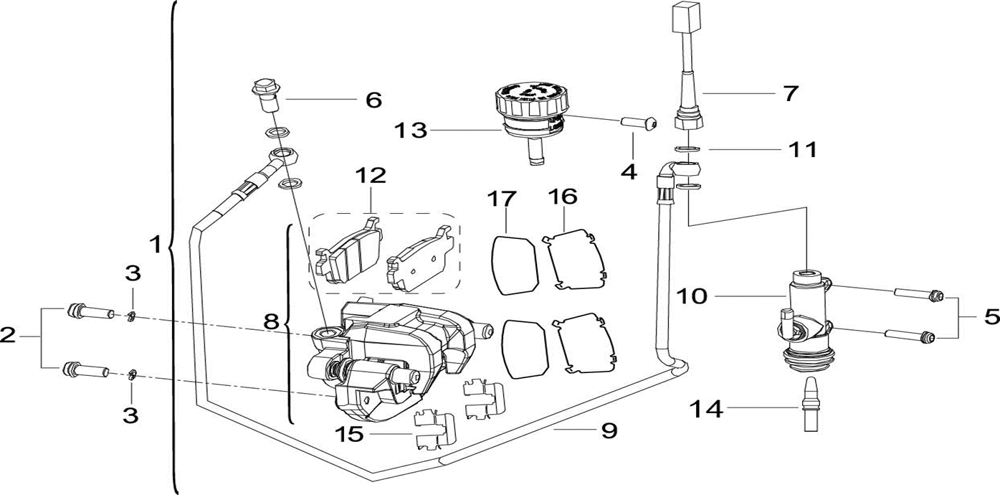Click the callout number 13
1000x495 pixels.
[x=410, y=131]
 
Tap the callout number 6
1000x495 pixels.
[x=373, y=100]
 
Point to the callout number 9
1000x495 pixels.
[x=609, y=430]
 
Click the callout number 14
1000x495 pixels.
[x=706, y=410]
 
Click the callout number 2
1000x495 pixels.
[x=8, y=335]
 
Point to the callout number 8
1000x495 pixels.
[x=270, y=321]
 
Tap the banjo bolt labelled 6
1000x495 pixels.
[x=265, y=93]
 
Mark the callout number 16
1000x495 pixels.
[x=563, y=196]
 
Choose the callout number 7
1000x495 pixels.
[x=790, y=93]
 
